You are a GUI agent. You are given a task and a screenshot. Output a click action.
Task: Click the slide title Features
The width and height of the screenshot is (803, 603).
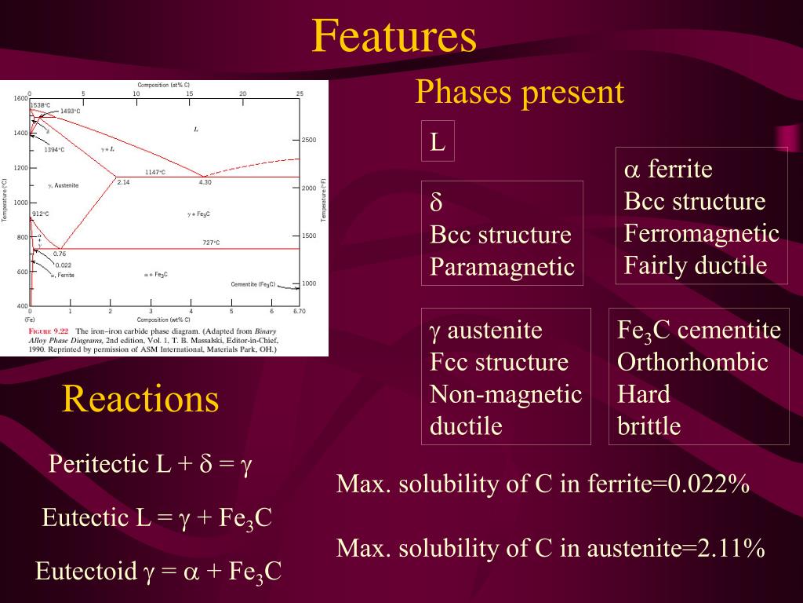point(394,37)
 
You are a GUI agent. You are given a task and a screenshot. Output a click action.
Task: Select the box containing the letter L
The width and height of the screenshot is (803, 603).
point(438,141)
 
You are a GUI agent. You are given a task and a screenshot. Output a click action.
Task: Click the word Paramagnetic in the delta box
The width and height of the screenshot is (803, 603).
point(502,267)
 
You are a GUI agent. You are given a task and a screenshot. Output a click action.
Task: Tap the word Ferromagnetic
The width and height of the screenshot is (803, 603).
point(702,233)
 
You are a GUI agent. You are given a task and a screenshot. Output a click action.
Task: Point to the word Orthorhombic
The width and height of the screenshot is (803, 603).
point(692,362)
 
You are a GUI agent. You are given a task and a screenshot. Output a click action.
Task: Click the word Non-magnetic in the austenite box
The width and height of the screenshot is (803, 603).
point(506,393)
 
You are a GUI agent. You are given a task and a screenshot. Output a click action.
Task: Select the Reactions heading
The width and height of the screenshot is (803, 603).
point(140,399)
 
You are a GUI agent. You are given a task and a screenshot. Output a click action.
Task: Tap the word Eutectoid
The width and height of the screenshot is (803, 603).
point(86,571)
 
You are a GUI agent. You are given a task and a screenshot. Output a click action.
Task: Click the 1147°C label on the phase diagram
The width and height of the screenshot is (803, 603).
point(154,172)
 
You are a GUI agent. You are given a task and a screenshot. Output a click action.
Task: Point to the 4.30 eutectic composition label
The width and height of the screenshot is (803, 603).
point(205,182)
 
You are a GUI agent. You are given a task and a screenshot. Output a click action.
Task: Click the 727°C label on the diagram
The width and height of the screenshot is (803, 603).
point(211,243)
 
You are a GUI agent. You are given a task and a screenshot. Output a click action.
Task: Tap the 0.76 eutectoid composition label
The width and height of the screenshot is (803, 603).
point(59,254)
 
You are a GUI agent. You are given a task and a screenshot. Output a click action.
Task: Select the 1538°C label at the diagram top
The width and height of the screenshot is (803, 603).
point(40,104)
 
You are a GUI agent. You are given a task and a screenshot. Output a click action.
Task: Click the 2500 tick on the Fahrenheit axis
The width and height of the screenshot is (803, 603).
point(308,140)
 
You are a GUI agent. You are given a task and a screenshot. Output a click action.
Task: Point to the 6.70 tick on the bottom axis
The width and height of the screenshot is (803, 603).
point(299,312)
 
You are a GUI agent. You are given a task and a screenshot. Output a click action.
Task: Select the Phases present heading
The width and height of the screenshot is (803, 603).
point(519,93)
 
